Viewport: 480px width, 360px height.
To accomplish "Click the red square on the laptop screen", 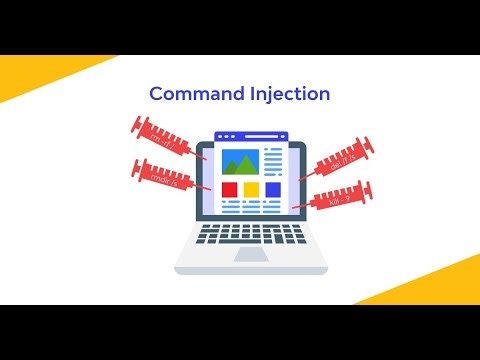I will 229,189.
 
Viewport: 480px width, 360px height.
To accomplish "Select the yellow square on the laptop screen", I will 251,189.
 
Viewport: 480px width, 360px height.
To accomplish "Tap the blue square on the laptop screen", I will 273,189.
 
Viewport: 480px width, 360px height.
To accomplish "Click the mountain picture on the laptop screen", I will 240,160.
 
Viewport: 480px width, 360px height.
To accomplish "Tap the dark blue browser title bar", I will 251,133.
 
